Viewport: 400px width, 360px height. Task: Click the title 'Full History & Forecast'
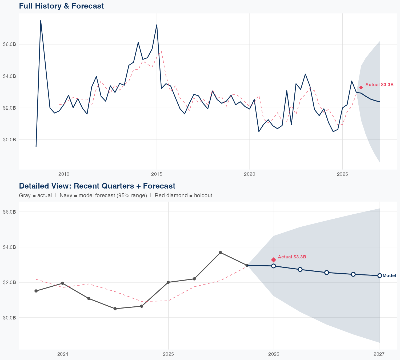(61, 6)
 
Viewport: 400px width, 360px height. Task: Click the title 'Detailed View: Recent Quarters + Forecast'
(97, 186)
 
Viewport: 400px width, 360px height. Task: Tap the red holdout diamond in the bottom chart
(274, 260)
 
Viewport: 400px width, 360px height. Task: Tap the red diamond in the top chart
(361, 88)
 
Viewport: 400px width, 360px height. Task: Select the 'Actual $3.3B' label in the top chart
(379, 85)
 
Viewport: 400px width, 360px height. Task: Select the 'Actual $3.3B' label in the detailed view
(292, 257)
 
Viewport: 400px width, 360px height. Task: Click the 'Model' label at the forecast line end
(389, 276)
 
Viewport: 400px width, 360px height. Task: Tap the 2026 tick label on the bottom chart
(274, 354)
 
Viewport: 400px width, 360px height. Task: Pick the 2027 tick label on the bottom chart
(379, 354)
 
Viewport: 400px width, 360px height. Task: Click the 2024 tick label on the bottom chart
(63, 354)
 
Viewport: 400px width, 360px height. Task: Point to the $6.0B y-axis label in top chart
(9, 44)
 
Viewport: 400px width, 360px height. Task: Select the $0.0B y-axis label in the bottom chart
(9, 318)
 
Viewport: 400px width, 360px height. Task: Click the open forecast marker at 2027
(379, 275)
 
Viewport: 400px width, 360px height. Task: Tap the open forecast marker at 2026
(274, 266)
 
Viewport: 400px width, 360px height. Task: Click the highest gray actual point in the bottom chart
(221, 253)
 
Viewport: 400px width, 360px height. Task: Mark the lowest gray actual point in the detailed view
(115, 309)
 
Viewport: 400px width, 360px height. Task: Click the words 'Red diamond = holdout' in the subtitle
(183, 195)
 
